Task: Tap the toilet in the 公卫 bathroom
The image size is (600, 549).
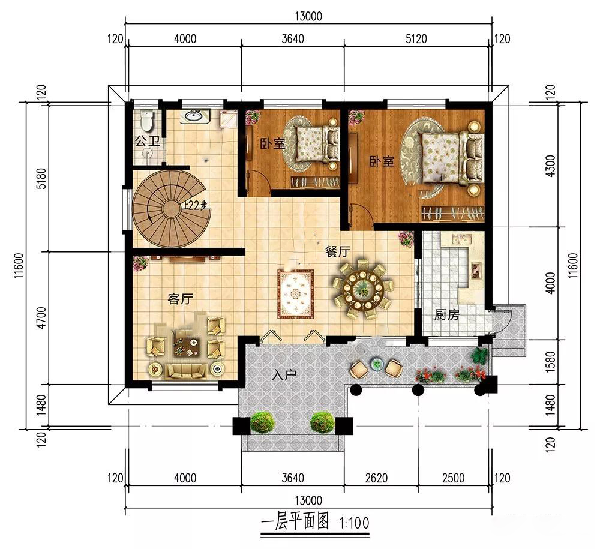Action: (146, 120)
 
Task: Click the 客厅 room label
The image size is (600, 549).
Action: (180, 298)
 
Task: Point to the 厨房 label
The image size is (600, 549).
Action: (446, 314)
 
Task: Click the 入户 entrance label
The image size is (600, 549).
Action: (284, 375)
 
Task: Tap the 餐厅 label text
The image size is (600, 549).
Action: (337, 251)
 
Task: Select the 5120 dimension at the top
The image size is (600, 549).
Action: (416, 38)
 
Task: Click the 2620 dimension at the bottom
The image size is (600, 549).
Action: (376, 478)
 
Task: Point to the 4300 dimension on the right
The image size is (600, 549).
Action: (550, 165)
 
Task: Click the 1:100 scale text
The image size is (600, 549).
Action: (354, 523)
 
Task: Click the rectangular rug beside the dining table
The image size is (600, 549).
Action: (296, 294)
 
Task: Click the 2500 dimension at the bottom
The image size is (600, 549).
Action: (453, 478)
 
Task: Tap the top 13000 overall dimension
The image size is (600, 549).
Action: (308, 16)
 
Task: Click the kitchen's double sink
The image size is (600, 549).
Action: (460, 239)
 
